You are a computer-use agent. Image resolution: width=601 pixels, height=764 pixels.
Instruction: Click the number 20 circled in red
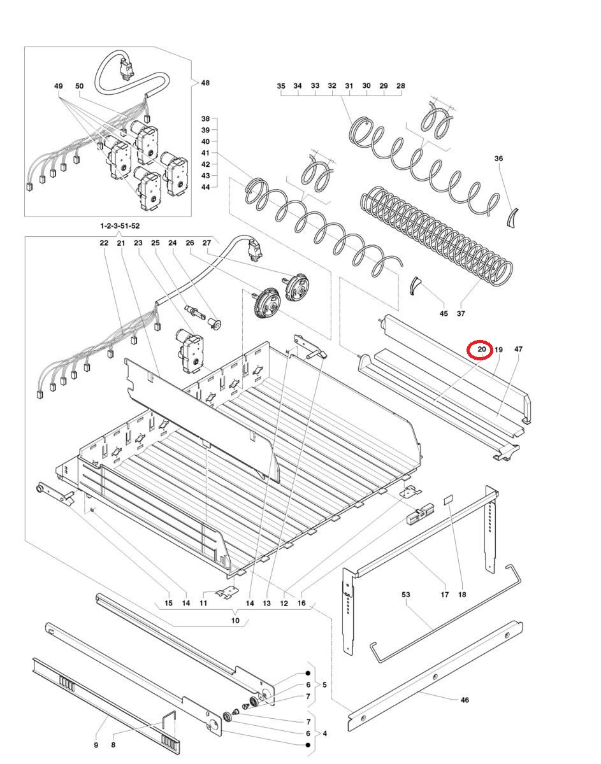482,350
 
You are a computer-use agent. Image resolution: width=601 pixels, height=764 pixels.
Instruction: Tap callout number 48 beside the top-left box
205,83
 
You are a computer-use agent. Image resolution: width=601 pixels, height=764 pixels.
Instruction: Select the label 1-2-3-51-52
120,226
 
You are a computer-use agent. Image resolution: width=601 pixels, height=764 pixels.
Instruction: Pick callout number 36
498,159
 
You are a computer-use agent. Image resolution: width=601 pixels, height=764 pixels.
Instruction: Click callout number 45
444,313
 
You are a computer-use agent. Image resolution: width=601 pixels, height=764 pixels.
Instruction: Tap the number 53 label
405,595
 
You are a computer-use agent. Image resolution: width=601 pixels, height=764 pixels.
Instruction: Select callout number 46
465,700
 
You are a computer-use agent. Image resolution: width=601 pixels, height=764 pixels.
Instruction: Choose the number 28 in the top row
401,86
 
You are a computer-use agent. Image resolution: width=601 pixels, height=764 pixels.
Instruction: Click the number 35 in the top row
281,86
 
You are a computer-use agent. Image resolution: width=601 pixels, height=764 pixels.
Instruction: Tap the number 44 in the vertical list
205,187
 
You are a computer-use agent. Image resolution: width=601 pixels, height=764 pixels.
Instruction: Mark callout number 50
80,86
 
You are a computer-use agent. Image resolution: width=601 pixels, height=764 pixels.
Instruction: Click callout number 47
518,350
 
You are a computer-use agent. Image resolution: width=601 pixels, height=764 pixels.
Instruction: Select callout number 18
462,595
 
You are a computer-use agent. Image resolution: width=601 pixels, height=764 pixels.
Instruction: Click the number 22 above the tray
104,243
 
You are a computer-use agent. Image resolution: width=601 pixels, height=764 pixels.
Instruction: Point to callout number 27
206,243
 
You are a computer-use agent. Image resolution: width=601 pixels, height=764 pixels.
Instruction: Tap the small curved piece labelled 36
512,217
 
